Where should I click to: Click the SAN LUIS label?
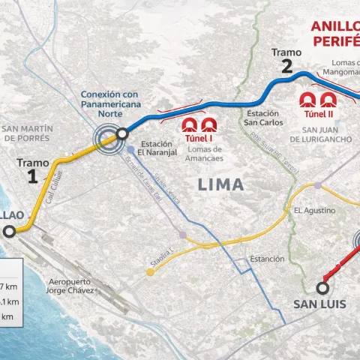coord(316,304)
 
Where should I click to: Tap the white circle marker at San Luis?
coord(324,287)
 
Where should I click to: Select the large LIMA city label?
coord(220,184)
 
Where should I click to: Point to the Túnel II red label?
coord(317,115)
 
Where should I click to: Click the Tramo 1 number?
coord(31,176)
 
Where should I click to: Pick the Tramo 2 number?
coord(286,65)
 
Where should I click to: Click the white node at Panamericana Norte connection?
coord(121,136)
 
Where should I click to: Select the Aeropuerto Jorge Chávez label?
coord(69,283)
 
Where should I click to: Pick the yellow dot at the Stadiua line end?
coord(151,272)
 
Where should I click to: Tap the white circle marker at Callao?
coord(8,232)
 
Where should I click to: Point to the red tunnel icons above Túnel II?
coord(317,99)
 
